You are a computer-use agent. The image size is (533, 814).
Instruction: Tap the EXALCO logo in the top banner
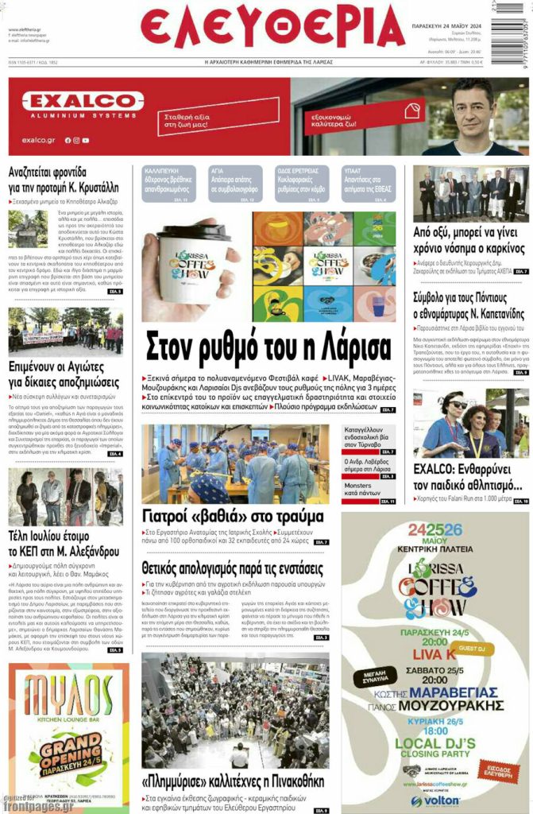pyautogui.click(x=83, y=102)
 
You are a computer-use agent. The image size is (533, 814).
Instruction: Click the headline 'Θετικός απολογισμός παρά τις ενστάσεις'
pyautogui.click(x=232, y=568)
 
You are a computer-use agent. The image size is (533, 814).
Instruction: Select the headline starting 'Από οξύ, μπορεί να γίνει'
pyautogui.click(x=469, y=240)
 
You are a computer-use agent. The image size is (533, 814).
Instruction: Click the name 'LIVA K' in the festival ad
pyautogui.click(x=434, y=653)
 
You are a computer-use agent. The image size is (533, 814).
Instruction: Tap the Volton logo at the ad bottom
pyautogui.click(x=435, y=801)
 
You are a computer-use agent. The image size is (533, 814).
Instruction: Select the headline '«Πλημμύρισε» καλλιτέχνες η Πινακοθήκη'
pyautogui.click(x=233, y=781)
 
